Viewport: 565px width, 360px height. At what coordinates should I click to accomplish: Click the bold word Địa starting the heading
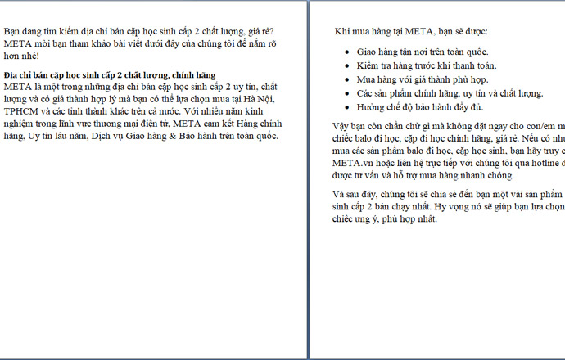point(11,74)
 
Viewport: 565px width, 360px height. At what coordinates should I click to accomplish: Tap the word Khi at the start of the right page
point(343,32)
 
